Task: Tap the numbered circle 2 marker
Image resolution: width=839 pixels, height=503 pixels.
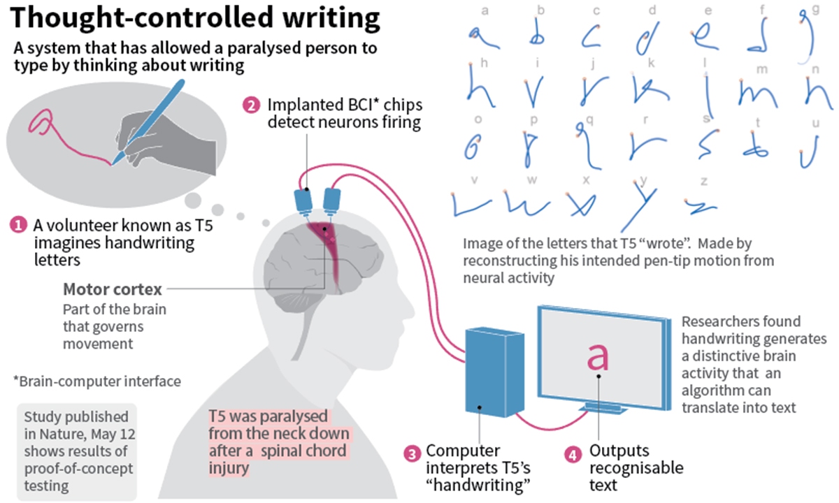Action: point(250,106)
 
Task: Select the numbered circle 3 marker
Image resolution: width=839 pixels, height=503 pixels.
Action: point(413,452)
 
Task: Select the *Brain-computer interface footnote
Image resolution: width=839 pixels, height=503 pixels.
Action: point(97,381)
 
